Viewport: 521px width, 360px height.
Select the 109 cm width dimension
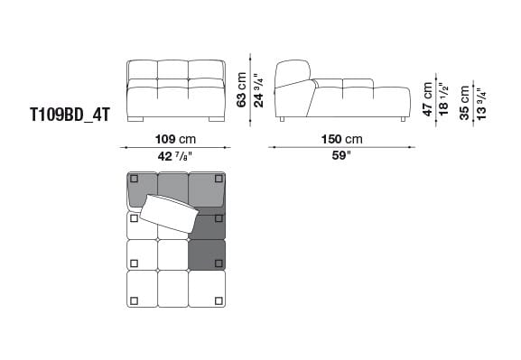click(x=175, y=140)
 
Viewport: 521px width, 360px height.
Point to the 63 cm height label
click(x=241, y=88)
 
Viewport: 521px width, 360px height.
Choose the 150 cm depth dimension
click(x=341, y=140)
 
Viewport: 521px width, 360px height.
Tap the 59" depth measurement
click(x=341, y=155)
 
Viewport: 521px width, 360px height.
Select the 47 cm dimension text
click(x=428, y=98)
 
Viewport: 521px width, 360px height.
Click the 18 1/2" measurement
click(x=443, y=98)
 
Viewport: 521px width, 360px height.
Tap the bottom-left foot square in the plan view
click(x=134, y=300)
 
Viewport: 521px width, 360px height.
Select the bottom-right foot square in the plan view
click(x=219, y=300)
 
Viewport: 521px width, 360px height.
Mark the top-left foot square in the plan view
click(x=134, y=179)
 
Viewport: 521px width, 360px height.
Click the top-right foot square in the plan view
click(x=219, y=179)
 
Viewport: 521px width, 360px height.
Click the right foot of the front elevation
click(x=216, y=118)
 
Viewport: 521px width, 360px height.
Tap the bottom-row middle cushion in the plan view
click(x=172, y=290)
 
